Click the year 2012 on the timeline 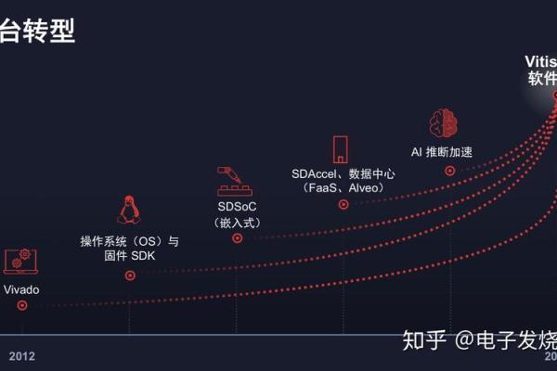[22, 356]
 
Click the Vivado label [21, 289]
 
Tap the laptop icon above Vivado [20, 262]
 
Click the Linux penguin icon [128, 211]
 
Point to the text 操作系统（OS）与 [129, 241]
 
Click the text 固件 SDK [129, 256]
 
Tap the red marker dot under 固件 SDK [130, 275]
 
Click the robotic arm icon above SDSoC [236, 180]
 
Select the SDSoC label [236, 206]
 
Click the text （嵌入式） [236, 222]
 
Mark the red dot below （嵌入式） [237, 238]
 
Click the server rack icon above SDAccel [342, 149]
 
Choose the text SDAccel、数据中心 [342, 173]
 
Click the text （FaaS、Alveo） [343, 188]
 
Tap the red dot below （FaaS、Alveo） [343, 204]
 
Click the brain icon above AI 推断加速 [444, 123]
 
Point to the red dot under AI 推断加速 [450, 171]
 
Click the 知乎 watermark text [424, 340]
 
